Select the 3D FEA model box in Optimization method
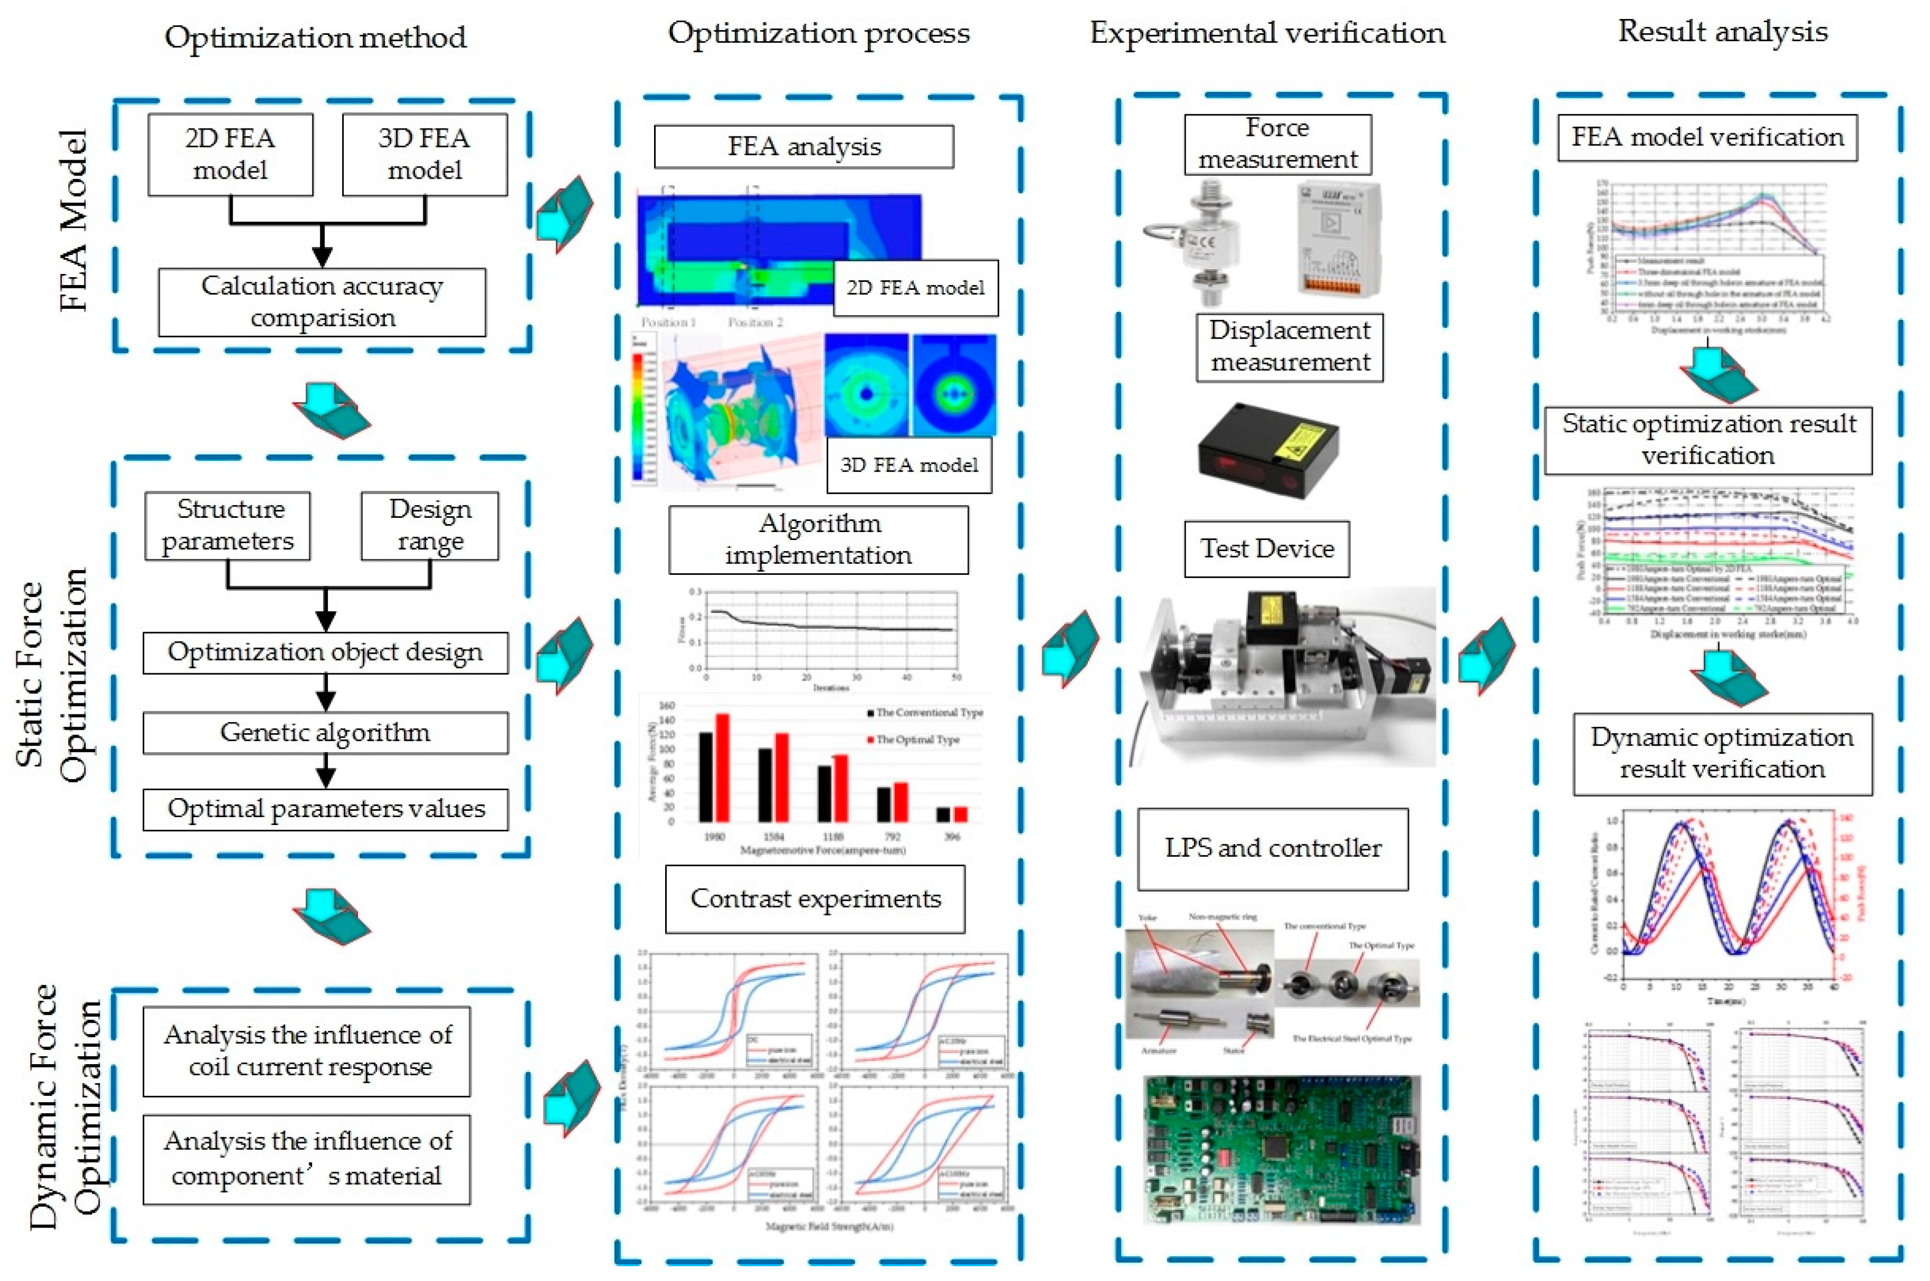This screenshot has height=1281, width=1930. coord(424,154)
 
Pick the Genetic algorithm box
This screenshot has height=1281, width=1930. coord(325,732)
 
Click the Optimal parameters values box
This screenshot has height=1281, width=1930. coord(325,809)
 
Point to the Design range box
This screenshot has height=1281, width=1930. coord(429,525)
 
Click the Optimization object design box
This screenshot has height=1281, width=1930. coord(325,652)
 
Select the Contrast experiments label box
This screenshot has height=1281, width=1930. coord(815,899)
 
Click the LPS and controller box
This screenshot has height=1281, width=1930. coord(1273,848)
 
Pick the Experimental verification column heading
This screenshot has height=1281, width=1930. coord(1267,33)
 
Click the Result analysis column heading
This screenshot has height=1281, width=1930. coord(1723,32)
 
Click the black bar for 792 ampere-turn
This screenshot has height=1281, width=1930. coord(884,804)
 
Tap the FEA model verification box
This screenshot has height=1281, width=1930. coord(1707,138)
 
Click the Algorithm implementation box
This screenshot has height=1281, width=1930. coord(819,539)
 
